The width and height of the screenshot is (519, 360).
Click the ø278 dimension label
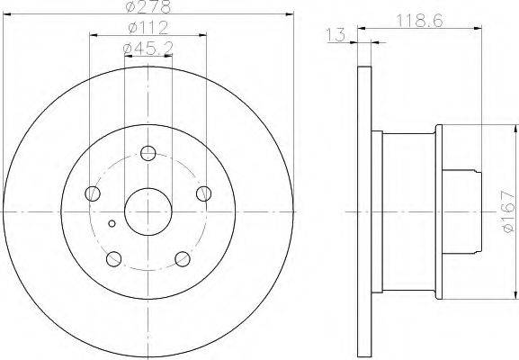[148, 6]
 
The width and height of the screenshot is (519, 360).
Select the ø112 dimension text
[148, 28]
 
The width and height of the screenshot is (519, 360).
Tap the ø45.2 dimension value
[148, 49]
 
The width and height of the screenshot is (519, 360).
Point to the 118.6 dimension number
[419, 22]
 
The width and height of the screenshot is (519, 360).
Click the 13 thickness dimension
[336, 35]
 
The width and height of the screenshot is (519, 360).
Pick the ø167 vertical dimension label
[508, 211]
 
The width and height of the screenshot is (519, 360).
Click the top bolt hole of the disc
[148, 153]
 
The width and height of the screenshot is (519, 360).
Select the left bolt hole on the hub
[93, 193]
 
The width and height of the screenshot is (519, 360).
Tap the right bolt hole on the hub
[203, 193]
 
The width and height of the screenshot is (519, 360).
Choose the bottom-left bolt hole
[114, 258]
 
